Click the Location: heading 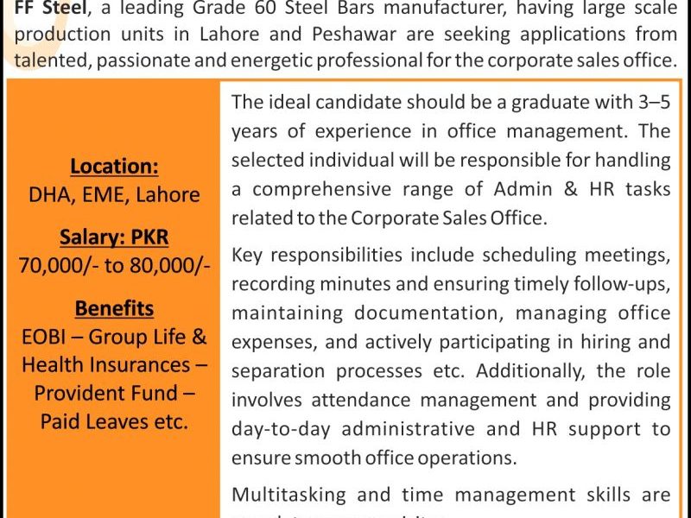click(114, 166)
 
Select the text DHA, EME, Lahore click(114, 194)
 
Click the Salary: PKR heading click(114, 237)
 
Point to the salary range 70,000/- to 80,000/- click(114, 265)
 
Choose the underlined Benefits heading click(114, 308)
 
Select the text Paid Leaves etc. click(114, 421)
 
